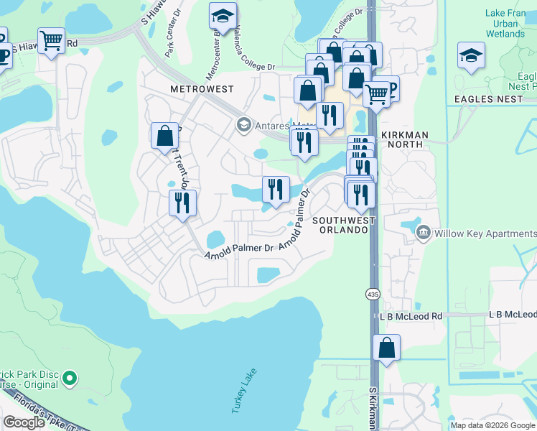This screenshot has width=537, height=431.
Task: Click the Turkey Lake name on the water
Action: tap(243, 390)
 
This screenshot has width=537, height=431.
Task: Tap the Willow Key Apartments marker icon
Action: tap(423, 233)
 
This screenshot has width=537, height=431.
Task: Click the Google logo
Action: tap(24, 422)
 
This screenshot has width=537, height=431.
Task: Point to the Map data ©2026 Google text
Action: tap(492, 425)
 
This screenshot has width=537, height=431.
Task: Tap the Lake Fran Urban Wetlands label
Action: tap(505, 23)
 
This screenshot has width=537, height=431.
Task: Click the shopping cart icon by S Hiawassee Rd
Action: tap(51, 40)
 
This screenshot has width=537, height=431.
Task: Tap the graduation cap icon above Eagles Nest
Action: tap(471, 55)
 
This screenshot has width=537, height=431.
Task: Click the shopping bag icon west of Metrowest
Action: tap(164, 134)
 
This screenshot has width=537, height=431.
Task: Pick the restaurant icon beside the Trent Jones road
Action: tap(182, 202)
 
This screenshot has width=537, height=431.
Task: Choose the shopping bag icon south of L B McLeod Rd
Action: tap(386, 348)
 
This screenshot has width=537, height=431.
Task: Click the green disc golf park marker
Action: tap(70, 377)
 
